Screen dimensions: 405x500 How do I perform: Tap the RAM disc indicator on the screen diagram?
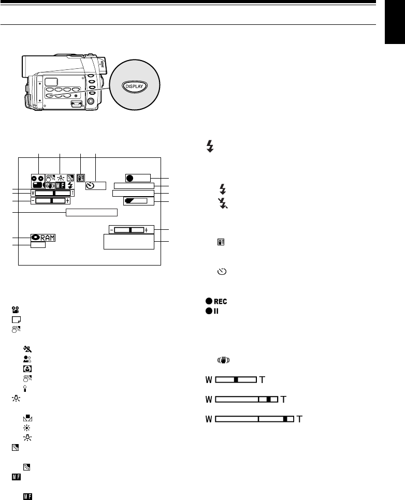tap(44, 238)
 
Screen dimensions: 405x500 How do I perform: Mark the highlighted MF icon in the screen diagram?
tap(60, 184)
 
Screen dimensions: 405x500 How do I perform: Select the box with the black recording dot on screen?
tap(137, 178)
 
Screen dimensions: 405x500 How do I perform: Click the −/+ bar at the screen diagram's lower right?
tap(128, 229)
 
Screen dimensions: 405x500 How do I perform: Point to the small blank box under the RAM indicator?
tap(38, 246)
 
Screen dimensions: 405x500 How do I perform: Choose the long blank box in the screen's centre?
tap(92, 212)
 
